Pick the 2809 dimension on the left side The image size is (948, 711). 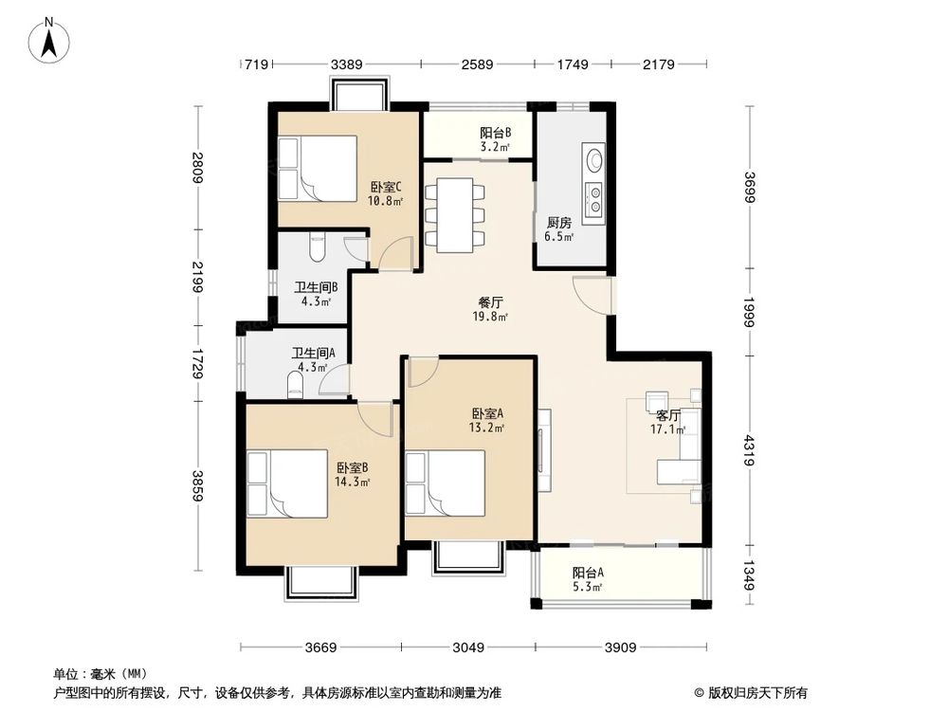pos(197,168)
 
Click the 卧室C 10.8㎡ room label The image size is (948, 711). pos(385,193)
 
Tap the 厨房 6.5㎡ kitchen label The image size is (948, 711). pos(559,229)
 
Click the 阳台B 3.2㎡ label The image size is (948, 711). pos(495,139)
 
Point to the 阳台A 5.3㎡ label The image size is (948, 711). pos(588,579)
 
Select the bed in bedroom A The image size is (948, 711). pos(446,481)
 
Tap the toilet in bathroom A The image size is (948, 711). pos(294,384)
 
